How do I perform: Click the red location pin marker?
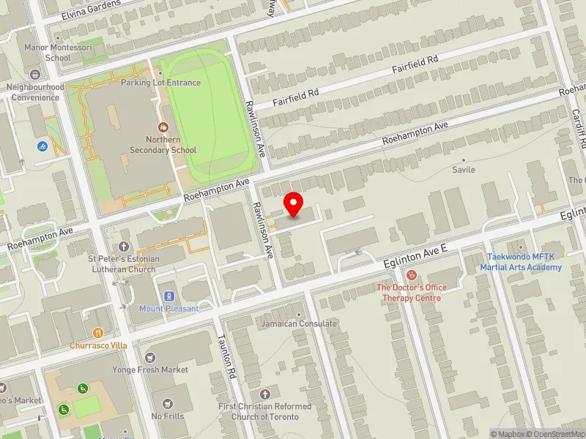(294, 204)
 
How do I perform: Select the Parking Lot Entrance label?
(160, 83)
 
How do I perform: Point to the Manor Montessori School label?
(57, 53)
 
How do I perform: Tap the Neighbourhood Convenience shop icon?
(34, 75)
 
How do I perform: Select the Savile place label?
(463, 170)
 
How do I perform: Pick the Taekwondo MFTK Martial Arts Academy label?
(521, 262)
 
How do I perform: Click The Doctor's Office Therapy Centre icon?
(412, 275)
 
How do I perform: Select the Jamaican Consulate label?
(299, 323)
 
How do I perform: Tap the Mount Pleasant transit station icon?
(169, 296)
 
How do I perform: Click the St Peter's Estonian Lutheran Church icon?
(123, 247)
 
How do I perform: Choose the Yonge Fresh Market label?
(150, 369)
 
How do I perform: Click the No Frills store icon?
(168, 404)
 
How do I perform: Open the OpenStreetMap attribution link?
(555, 434)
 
